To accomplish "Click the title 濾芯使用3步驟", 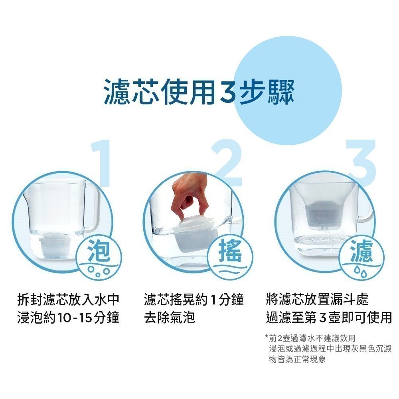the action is point(199,92).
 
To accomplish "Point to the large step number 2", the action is point(227,163).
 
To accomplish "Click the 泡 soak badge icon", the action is point(100,257).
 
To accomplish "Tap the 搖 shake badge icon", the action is point(230,257).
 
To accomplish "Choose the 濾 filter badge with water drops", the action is point(361,257).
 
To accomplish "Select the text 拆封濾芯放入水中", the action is point(68,300).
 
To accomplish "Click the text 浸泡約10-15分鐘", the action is point(68,318).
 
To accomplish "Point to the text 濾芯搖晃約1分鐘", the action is point(194,300).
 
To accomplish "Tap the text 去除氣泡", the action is point(170,318).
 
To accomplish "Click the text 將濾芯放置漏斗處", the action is point(317,300).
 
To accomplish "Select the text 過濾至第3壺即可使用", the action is point(329,318).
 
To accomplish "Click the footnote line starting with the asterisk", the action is point(310,338).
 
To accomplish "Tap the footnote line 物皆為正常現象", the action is point(297,359).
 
